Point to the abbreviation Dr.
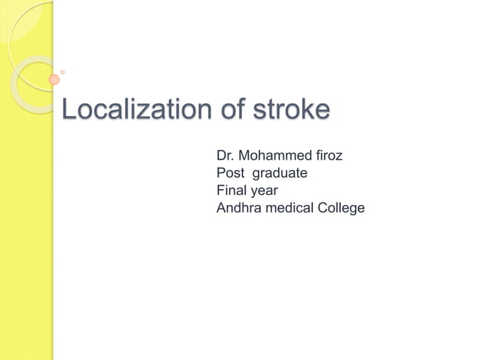coord(225,156)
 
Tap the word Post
coord(230,173)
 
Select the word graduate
coord(280,174)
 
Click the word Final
coord(231,191)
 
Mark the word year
coord(265,191)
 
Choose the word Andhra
coord(238,208)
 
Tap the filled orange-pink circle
coord(54,80)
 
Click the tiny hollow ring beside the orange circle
coord(63,72)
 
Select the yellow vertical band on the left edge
coord(26,226)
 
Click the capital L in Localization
coord(68,110)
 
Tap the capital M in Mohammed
coord(244,156)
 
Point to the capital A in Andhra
coord(222,208)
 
